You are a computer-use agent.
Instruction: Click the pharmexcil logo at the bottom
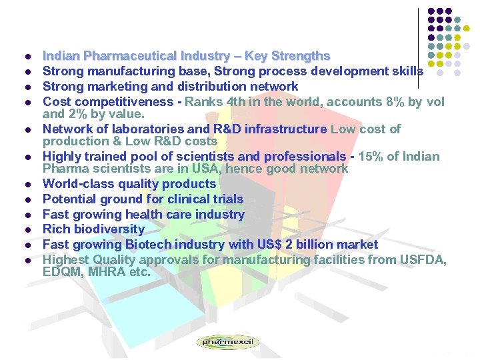[x=228, y=343]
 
